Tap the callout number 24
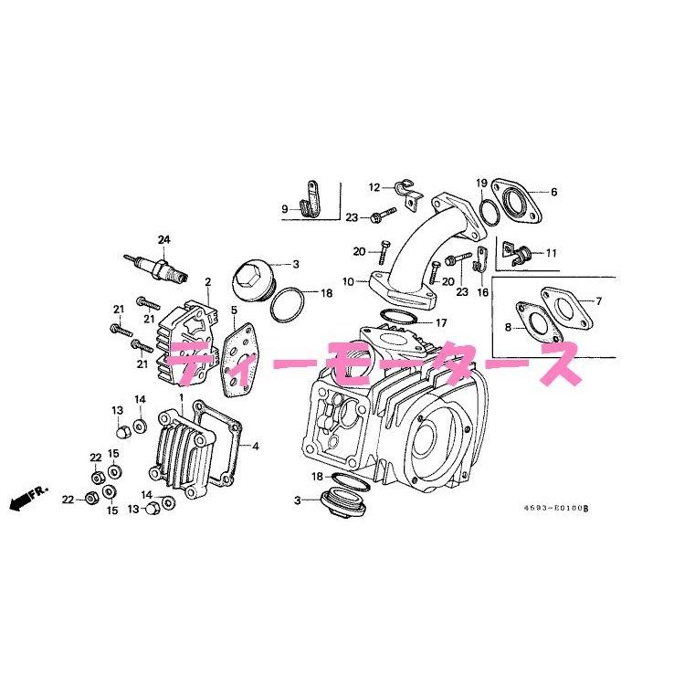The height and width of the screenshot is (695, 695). pyautogui.click(x=163, y=240)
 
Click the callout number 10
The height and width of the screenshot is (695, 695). pyautogui.click(x=348, y=281)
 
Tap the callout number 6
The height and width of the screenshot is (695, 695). pyautogui.click(x=553, y=192)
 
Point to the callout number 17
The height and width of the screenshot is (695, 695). pyautogui.click(x=440, y=322)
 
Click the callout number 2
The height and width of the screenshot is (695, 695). pyautogui.click(x=207, y=282)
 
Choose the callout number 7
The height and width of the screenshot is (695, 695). pyautogui.click(x=598, y=301)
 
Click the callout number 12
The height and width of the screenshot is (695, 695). pyautogui.click(x=374, y=187)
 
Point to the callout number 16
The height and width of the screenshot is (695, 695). pyautogui.click(x=483, y=291)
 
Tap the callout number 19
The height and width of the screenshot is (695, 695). pyautogui.click(x=481, y=184)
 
